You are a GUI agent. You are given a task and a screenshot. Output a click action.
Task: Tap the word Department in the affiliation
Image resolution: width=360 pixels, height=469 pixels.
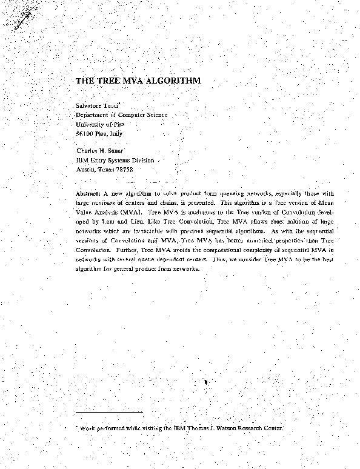coord(95,115)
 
